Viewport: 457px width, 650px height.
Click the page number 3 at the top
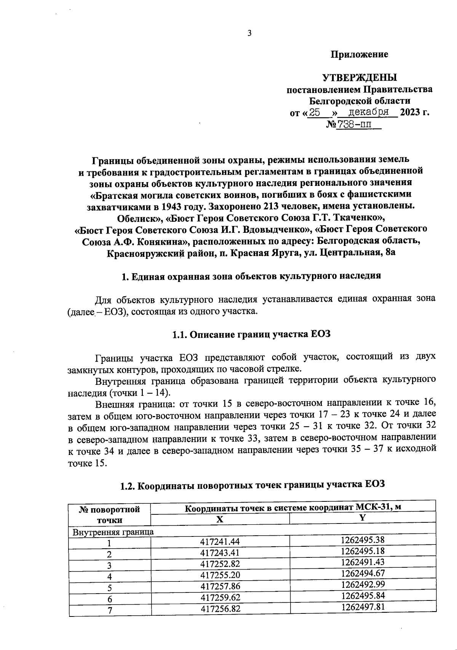click(249, 33)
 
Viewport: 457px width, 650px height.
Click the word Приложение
click(359, 54)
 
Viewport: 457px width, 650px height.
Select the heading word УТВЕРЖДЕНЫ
click(360, 78)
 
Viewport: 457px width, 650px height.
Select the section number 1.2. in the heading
click(128, 486)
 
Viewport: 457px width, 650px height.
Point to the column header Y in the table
click(362, 518)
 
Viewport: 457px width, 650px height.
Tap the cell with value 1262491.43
click(363, 562)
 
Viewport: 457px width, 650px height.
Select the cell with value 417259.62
click(221, 597)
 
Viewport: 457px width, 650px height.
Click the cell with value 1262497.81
click(363, 607)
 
